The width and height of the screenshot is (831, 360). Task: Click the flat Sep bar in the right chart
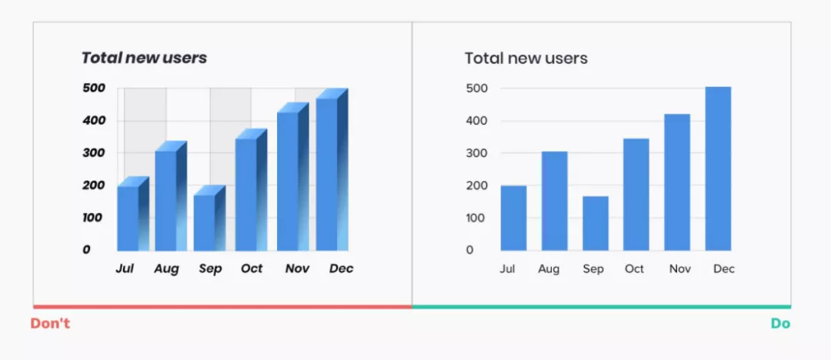coord(595,223)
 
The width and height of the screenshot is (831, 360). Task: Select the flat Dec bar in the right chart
coord(718,169)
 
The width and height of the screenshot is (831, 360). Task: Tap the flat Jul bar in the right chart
coord(513,218)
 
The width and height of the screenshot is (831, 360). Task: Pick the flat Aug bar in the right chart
coord(554,201)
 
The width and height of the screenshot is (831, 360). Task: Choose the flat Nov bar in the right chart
coord(677,182)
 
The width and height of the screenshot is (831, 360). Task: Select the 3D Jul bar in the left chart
coord(128,218)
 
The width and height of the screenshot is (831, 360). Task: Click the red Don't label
coord(50,324)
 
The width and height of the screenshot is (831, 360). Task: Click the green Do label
coord(780,324)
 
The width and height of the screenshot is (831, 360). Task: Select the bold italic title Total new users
coord(144,58)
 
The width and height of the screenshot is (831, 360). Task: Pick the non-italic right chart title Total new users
coord(526,58)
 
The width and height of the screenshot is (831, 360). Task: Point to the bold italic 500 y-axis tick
coord(93,88)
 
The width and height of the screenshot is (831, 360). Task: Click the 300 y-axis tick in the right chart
coord(476,153)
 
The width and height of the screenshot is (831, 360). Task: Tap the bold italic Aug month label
coord(166,268)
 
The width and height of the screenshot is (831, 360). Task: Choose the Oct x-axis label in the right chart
coord(635,268)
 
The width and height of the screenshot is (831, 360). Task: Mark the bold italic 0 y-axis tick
coord(86,249)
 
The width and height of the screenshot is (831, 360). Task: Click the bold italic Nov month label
coord(297,268)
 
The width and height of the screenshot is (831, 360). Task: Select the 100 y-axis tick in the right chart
coord(476,218)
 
